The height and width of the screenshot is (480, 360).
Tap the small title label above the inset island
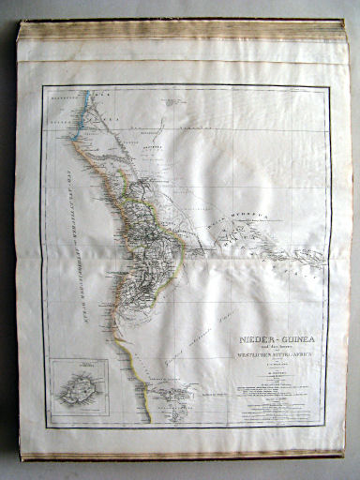[75, 367]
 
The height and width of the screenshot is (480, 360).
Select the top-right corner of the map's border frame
[327, 87]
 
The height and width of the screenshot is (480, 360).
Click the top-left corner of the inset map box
[52, 362]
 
